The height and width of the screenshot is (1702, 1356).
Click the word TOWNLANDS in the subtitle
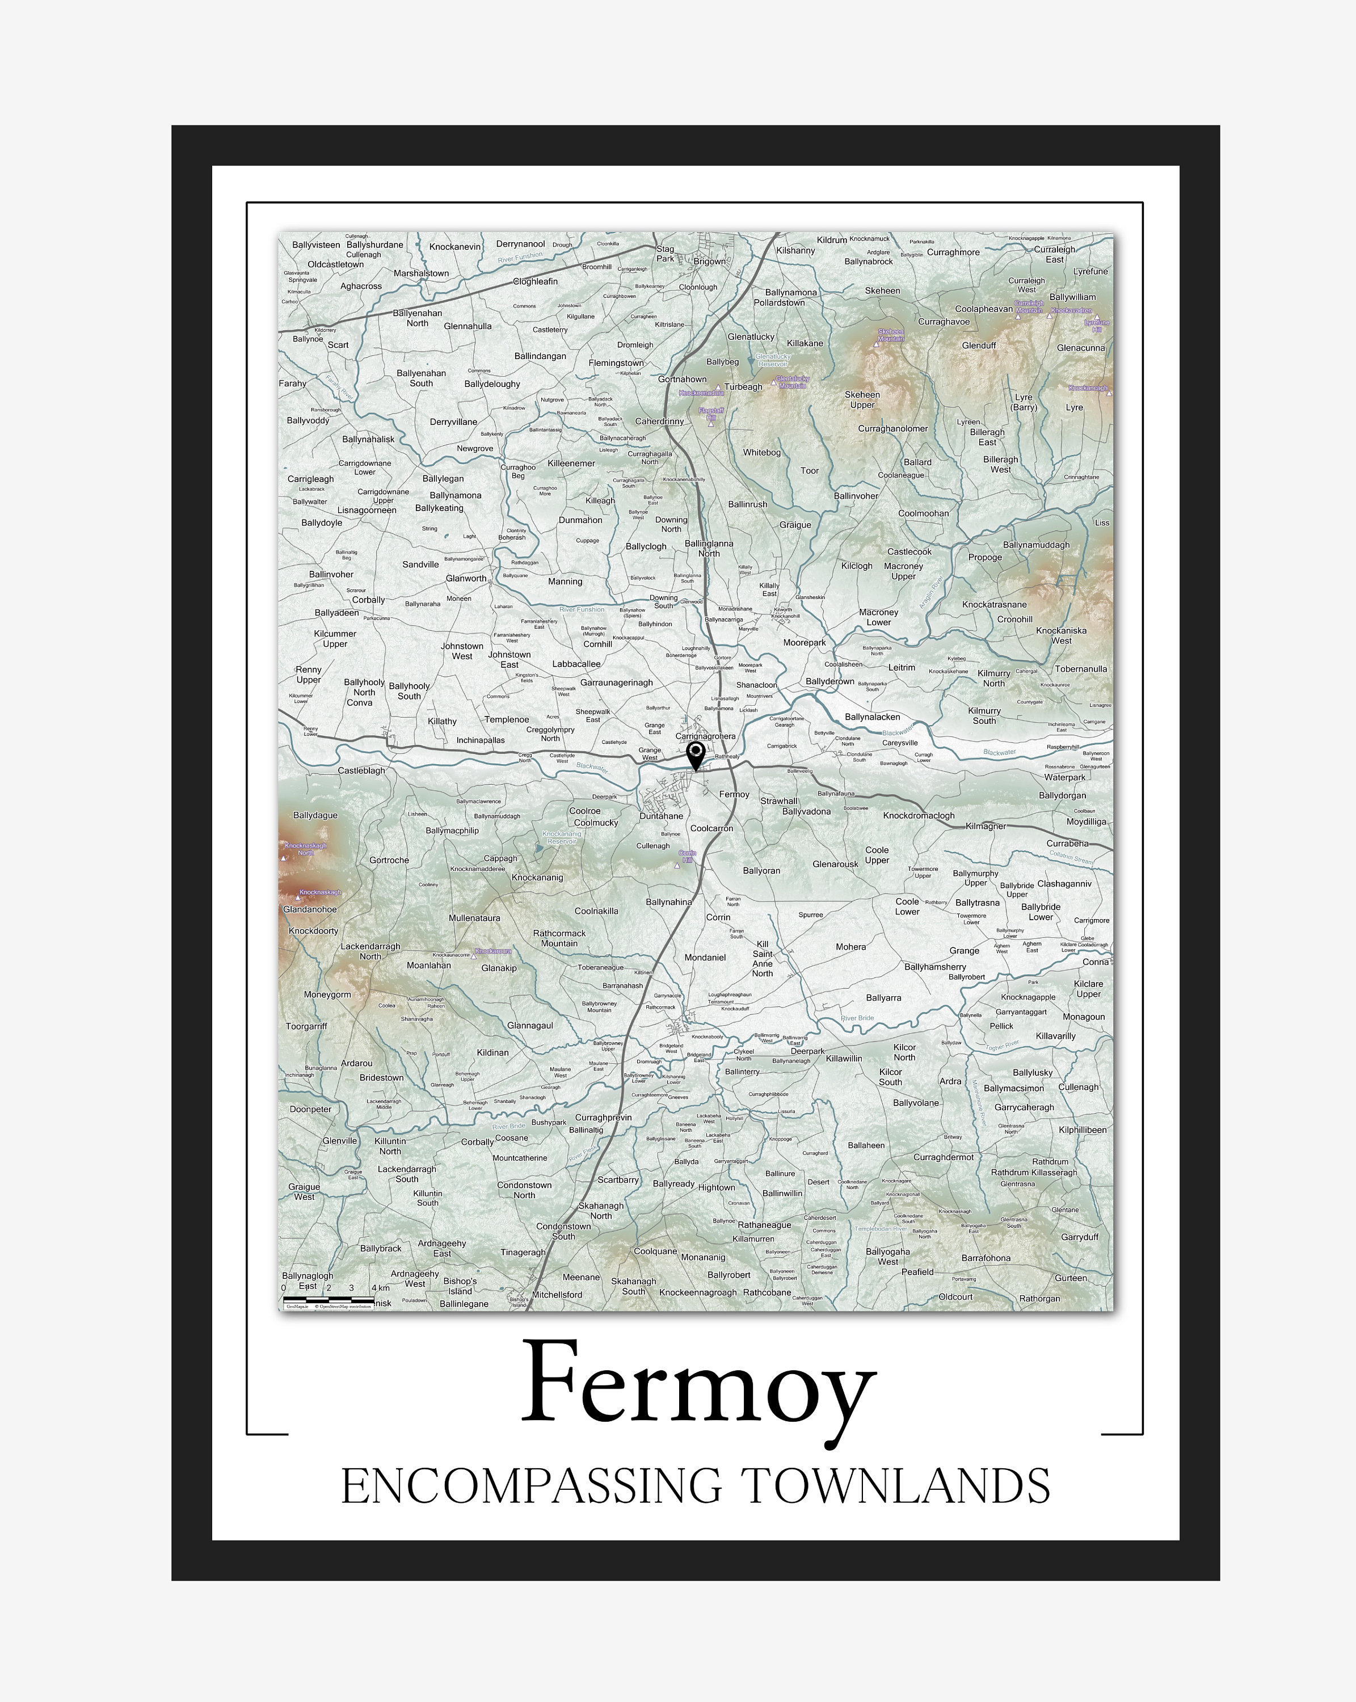pyautogui.click(x=895, y=1486)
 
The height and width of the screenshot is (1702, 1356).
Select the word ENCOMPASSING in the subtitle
pyautogui.click(x=530, y=1486)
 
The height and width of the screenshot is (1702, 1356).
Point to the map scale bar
pyautogui.click(x=329, y=1297)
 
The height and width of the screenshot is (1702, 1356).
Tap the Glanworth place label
pyautogui.click(x=466, y=579)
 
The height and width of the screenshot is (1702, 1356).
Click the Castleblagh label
pyautogui.click(x=361, y=770)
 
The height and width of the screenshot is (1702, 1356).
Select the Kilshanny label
pyautogui.click(x=795, y=251)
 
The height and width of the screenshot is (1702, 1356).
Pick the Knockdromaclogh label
pyautogui.click(x=918, y=815)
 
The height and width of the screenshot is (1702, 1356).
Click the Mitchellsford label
pyautogui.click(x=557, y=1295)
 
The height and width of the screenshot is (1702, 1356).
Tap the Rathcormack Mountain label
pyautogui.click(x=559, y=938)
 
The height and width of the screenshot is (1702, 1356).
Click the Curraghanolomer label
pyautogui.click(x=892, y=429)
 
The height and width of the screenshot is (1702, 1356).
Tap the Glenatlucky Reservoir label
pyautogui.click(x=772, y=360)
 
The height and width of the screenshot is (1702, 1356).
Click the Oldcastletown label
pyautogui.click(x=335, y=264)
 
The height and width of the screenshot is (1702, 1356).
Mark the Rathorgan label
pyautogui.click(x=1039, y=1299)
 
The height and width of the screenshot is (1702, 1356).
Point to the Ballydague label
pyautogui.click(x=315, y=815)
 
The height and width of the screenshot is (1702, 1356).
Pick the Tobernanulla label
pyautogui.click(x=1080, y=669)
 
